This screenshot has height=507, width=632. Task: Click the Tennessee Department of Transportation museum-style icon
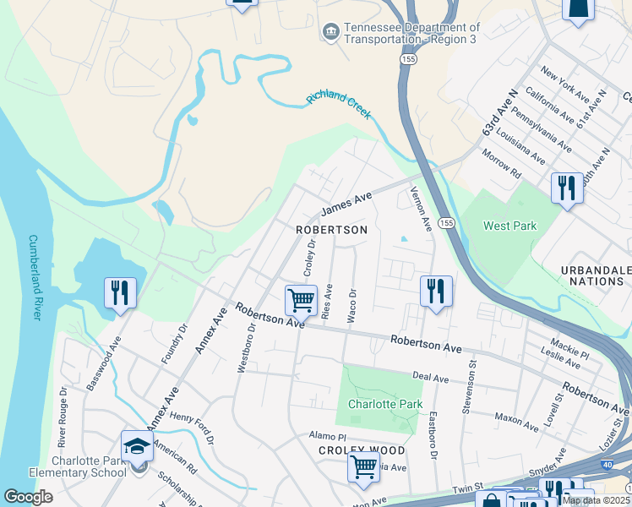(x=330, y=32)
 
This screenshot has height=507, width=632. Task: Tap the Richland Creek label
(x=339, y=107)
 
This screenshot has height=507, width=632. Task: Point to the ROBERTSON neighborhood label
(x=331, y=230)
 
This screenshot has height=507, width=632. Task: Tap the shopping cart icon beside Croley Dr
(x=301, y=299)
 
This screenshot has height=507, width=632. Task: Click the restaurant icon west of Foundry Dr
(x=120, y=293)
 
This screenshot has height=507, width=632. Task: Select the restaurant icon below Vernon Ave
(x=436, y=292)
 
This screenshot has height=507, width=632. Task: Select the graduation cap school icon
(x=137, y=445)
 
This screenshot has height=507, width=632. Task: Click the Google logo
(x=28, y=497)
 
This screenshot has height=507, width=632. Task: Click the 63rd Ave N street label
(x=499, y=116)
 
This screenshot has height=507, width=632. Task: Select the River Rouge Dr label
(x=63, y=418)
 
